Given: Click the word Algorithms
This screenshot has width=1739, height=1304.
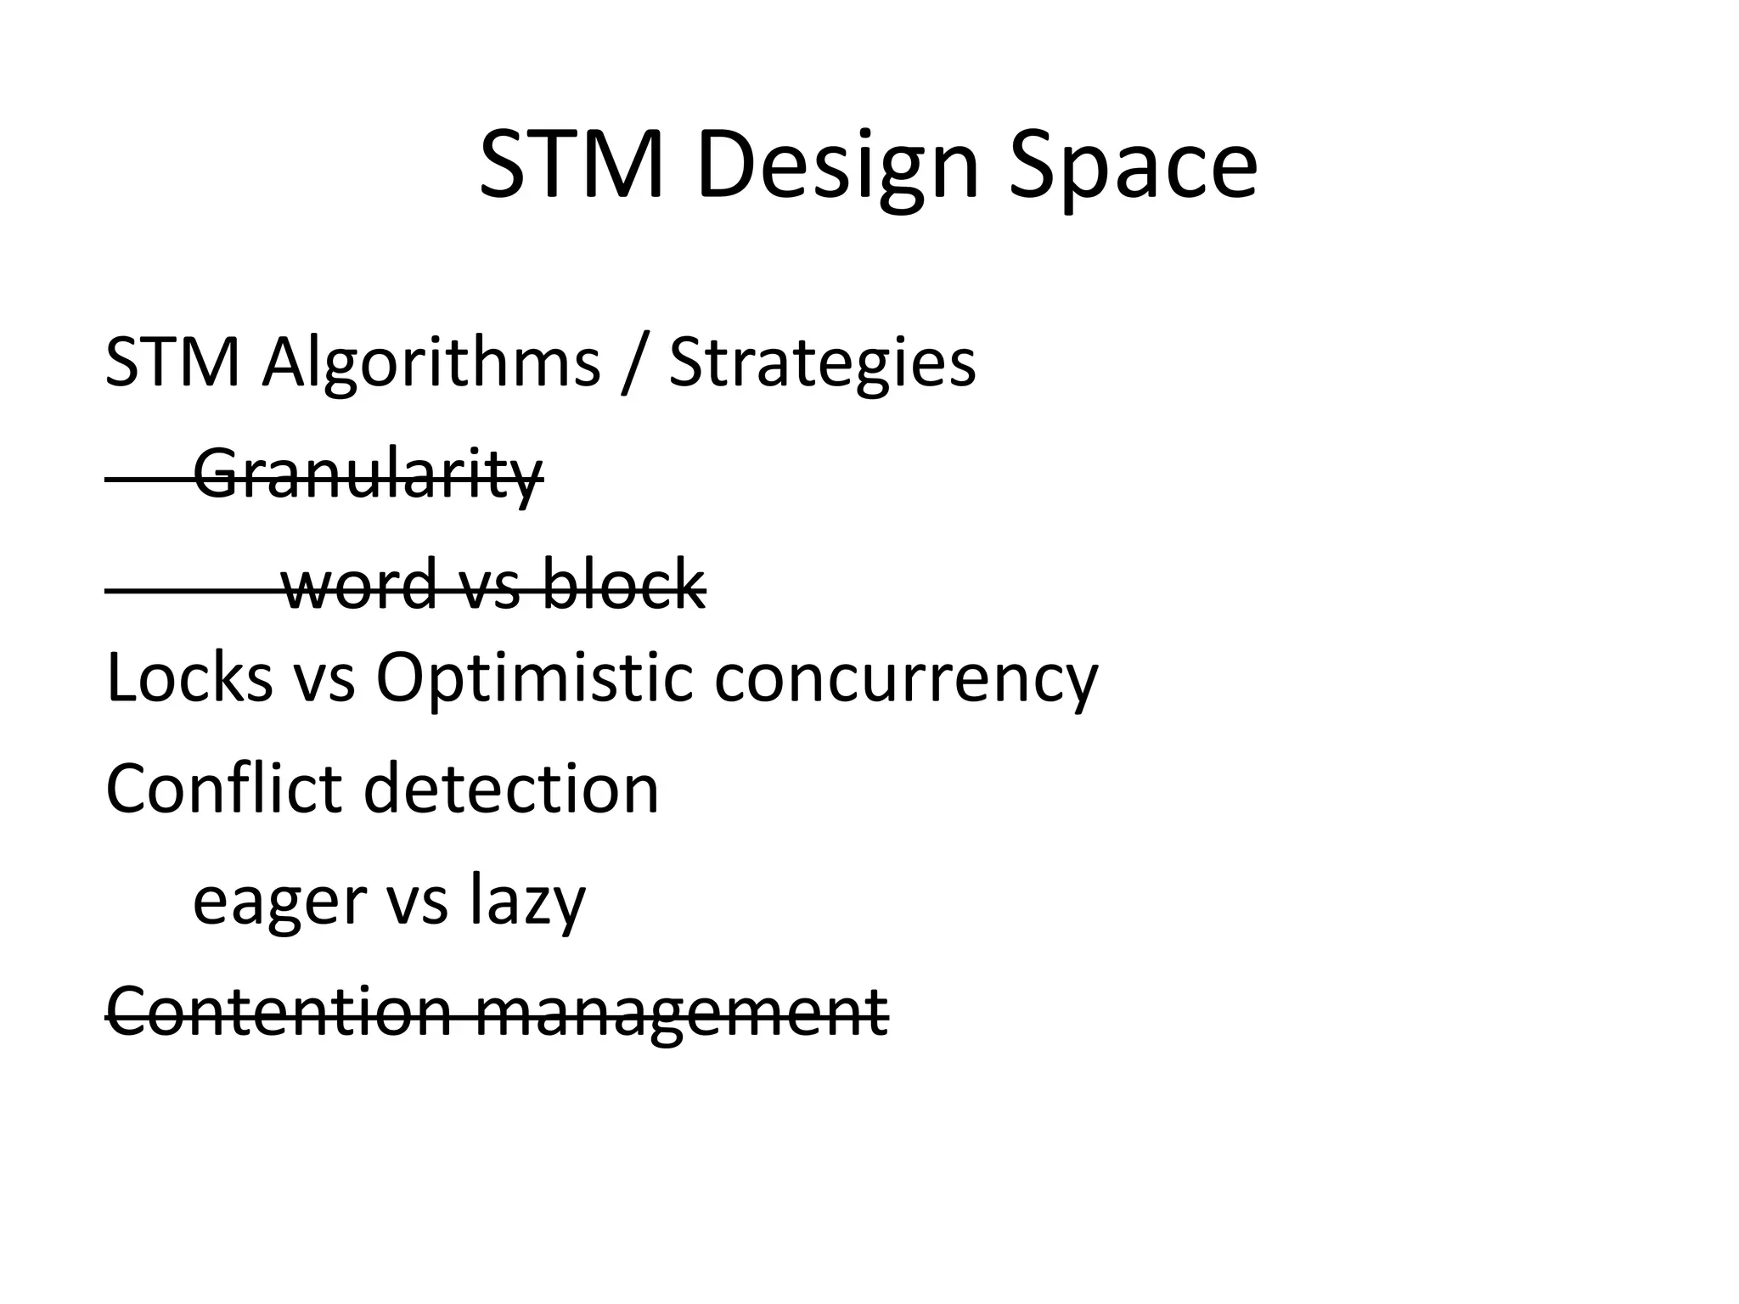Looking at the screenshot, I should (x=431, y=363).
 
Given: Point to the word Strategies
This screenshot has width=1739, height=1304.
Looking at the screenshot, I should (x=822, y=363).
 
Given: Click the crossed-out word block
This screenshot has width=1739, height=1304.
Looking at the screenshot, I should (x=622, y=585).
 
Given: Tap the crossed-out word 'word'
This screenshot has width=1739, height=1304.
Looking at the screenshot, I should (x=359, y=585).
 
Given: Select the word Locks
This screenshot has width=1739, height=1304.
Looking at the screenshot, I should (x=189, y=678).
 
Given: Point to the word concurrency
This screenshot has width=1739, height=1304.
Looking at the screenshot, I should (x=906, y=680).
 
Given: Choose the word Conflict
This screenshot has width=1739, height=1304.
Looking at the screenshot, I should (x=223, y=789).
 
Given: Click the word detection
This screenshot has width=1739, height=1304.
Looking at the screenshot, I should (x=511, y=789).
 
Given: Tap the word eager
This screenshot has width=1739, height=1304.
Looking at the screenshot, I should (x=279, y=902).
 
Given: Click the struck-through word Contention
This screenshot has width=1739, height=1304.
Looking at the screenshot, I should (x=279, y=1011).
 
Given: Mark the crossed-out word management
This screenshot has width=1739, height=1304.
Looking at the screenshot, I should (x=681, y=1013).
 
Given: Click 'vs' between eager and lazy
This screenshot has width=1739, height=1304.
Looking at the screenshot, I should (x=417, y=902).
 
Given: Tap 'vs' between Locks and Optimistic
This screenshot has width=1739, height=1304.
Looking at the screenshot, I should (x=324, y=680).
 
